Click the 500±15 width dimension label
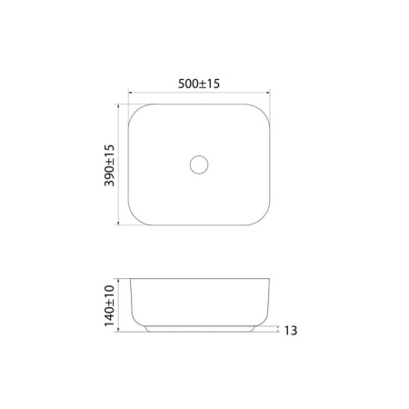tap(199, 84)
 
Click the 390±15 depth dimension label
tap(109, 165)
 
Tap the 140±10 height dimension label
tap(109, 305)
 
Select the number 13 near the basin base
tap(291, 330)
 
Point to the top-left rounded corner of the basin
tap(135, 111)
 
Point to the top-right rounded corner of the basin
tap(263, 111)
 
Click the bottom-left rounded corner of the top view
tap(135, 218)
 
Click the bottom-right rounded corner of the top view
tap(264, 218)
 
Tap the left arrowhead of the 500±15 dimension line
tap(130, 92)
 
